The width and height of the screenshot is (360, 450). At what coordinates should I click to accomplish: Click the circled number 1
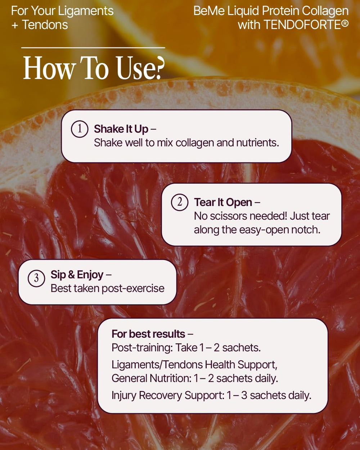(80, 129)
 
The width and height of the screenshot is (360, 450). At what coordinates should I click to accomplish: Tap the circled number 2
(180, 202)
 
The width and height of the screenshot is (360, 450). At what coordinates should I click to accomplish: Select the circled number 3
(36, 278)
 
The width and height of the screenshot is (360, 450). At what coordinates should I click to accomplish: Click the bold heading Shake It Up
(121, 129)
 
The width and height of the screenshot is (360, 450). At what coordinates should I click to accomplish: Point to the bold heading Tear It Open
(223, 202)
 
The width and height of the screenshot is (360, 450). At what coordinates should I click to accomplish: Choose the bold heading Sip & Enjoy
(77, 275)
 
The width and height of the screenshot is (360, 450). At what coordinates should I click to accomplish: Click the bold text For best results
(148, 334)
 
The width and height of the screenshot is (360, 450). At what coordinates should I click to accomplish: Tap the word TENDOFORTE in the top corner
(302, 25)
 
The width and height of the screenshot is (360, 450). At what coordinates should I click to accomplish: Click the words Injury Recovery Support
(168, 395)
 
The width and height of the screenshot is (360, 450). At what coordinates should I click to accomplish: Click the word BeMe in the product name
(209, 11)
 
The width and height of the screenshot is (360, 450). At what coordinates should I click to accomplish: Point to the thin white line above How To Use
(93, 48)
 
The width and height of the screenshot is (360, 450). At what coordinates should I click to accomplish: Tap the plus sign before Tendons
(15, 26)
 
